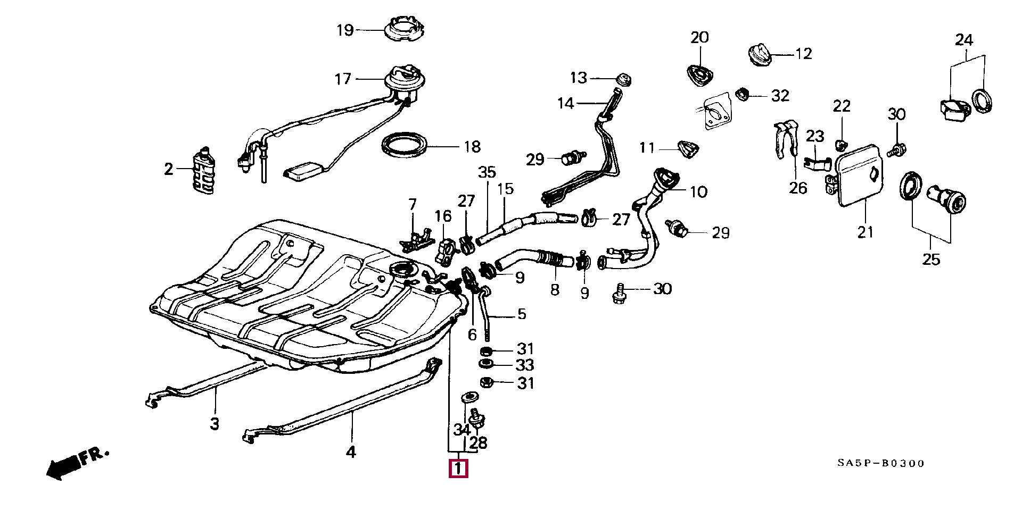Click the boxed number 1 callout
pyautogui.click(x=458, y=469)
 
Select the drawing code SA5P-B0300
pyautogui.click(x=881, y=463)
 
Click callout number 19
pyautogui.click(x=345, y=30)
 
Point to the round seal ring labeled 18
pyautogui.click(x=405, y=145)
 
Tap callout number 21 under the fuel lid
pyautogui.click(x=865, y=232)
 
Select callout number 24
pyautogui.click(x=964, y=40)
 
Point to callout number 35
pyautogui.click(x=487, y=172)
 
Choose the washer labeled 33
pyautogui.click(x=485, y=364)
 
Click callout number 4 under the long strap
pyautogui.click(x=351, y=452)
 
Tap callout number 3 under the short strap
pyautogui.click(x=215, y=424)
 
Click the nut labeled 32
pyautogui.click(x=742, y=94)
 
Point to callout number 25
pyautogui.click(x=932, y=259)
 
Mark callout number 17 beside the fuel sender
pyautogui.click(x=343, y=79)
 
